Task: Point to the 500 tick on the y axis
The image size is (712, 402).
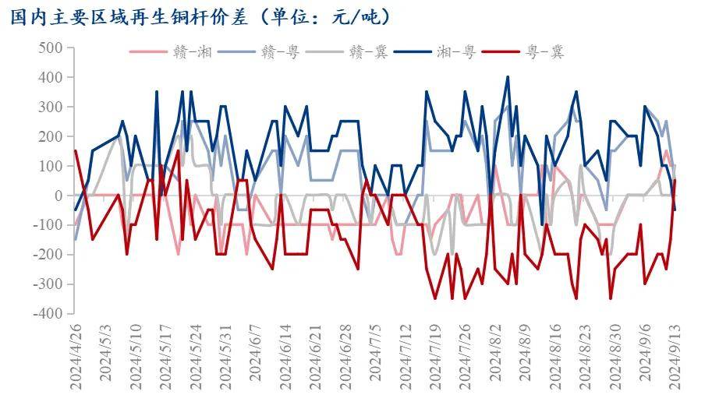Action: [49, 48]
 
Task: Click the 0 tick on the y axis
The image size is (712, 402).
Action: [57, 196]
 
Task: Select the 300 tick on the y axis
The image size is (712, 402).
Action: [49, 107]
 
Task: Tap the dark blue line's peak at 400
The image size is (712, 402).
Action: [508, 77]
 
